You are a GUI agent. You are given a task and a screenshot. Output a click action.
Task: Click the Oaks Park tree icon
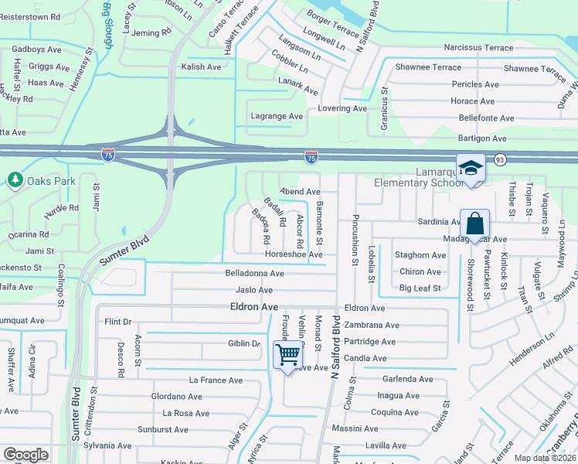coord(15,180)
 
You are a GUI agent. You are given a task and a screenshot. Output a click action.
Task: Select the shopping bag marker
coord(474,224)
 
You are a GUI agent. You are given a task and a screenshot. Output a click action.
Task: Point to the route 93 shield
coord(500,159)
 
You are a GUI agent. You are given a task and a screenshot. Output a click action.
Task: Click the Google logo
coord(25,455)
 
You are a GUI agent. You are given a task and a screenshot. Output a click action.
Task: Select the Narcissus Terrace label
coord(478,48)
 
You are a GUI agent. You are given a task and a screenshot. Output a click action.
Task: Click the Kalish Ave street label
coord(202,67)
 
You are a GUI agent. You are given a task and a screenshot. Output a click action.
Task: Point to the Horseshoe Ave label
coord(294,254)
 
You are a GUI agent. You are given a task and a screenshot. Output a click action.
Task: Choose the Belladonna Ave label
coord(255,273)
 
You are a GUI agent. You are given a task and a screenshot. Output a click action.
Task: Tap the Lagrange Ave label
coord(277,116)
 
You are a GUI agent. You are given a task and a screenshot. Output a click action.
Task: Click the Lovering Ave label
coord(342,108)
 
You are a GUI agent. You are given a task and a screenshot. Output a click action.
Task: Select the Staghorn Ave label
coord(420,254)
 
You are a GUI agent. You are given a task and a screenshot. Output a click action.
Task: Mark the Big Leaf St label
coord(420,288)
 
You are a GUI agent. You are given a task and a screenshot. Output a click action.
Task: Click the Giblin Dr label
coord(243,343)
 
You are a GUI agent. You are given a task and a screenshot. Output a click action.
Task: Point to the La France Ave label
coord(216,380)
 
